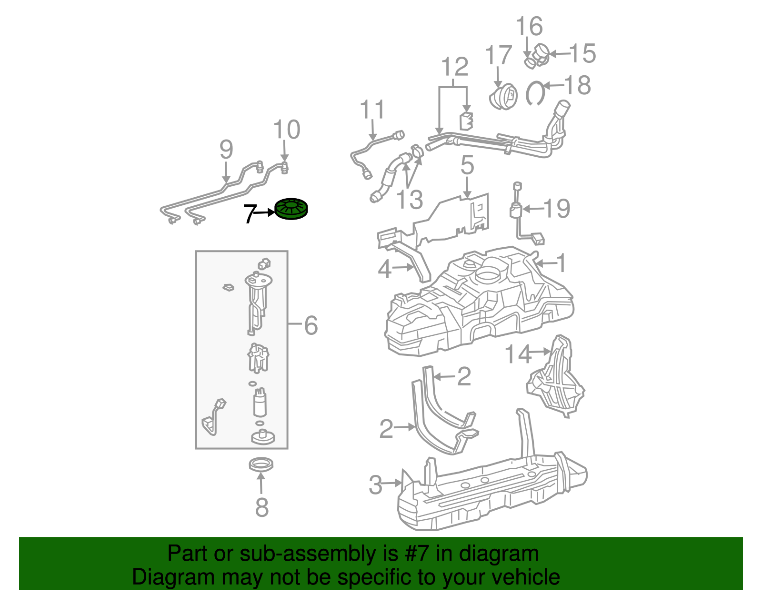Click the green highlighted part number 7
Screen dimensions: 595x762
291,209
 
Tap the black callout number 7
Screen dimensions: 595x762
249,215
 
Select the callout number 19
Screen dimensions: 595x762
557,209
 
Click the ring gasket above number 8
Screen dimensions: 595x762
261,464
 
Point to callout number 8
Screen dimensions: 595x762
261,508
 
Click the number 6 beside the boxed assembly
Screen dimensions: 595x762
311,326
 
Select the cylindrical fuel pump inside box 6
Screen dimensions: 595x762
260,403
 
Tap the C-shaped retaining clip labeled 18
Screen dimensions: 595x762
535,93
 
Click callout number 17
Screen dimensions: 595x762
498,56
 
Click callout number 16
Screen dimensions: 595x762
529,26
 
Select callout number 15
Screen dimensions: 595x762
582,53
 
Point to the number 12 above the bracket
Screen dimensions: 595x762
455,67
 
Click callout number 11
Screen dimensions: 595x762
372,110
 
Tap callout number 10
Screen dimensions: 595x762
287,130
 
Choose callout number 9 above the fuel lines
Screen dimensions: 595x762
226,150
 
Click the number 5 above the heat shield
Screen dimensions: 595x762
467,165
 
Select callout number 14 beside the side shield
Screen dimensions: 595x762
517,354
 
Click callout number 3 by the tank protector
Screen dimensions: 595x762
376,485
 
